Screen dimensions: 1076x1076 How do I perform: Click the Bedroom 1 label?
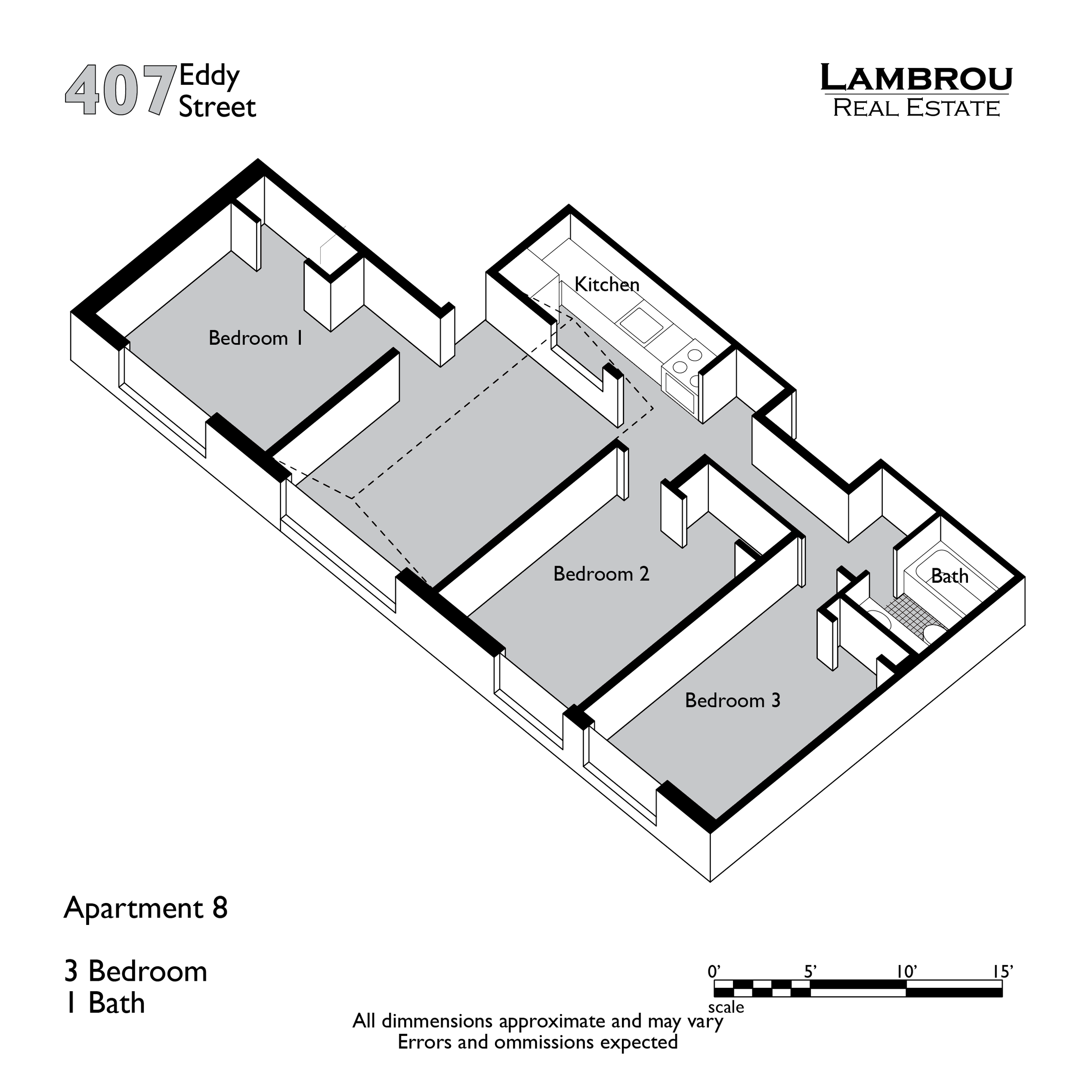pyautogui.click(x=256, y=338)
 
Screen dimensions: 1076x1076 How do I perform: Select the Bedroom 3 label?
pyautogui.click(x=733, y=700)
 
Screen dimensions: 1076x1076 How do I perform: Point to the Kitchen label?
pyautogui.click(x=606, y=284)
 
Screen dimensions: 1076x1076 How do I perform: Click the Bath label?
pyautogui.click(x=949, y=576)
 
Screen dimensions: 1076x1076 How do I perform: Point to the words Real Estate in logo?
pyautogui.click(x=916, y=108)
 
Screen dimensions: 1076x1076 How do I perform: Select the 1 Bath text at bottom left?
pyautogui.click(x=105, y=1003)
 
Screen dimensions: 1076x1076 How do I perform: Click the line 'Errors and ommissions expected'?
pyautogui.click(x=538, y=1042)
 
